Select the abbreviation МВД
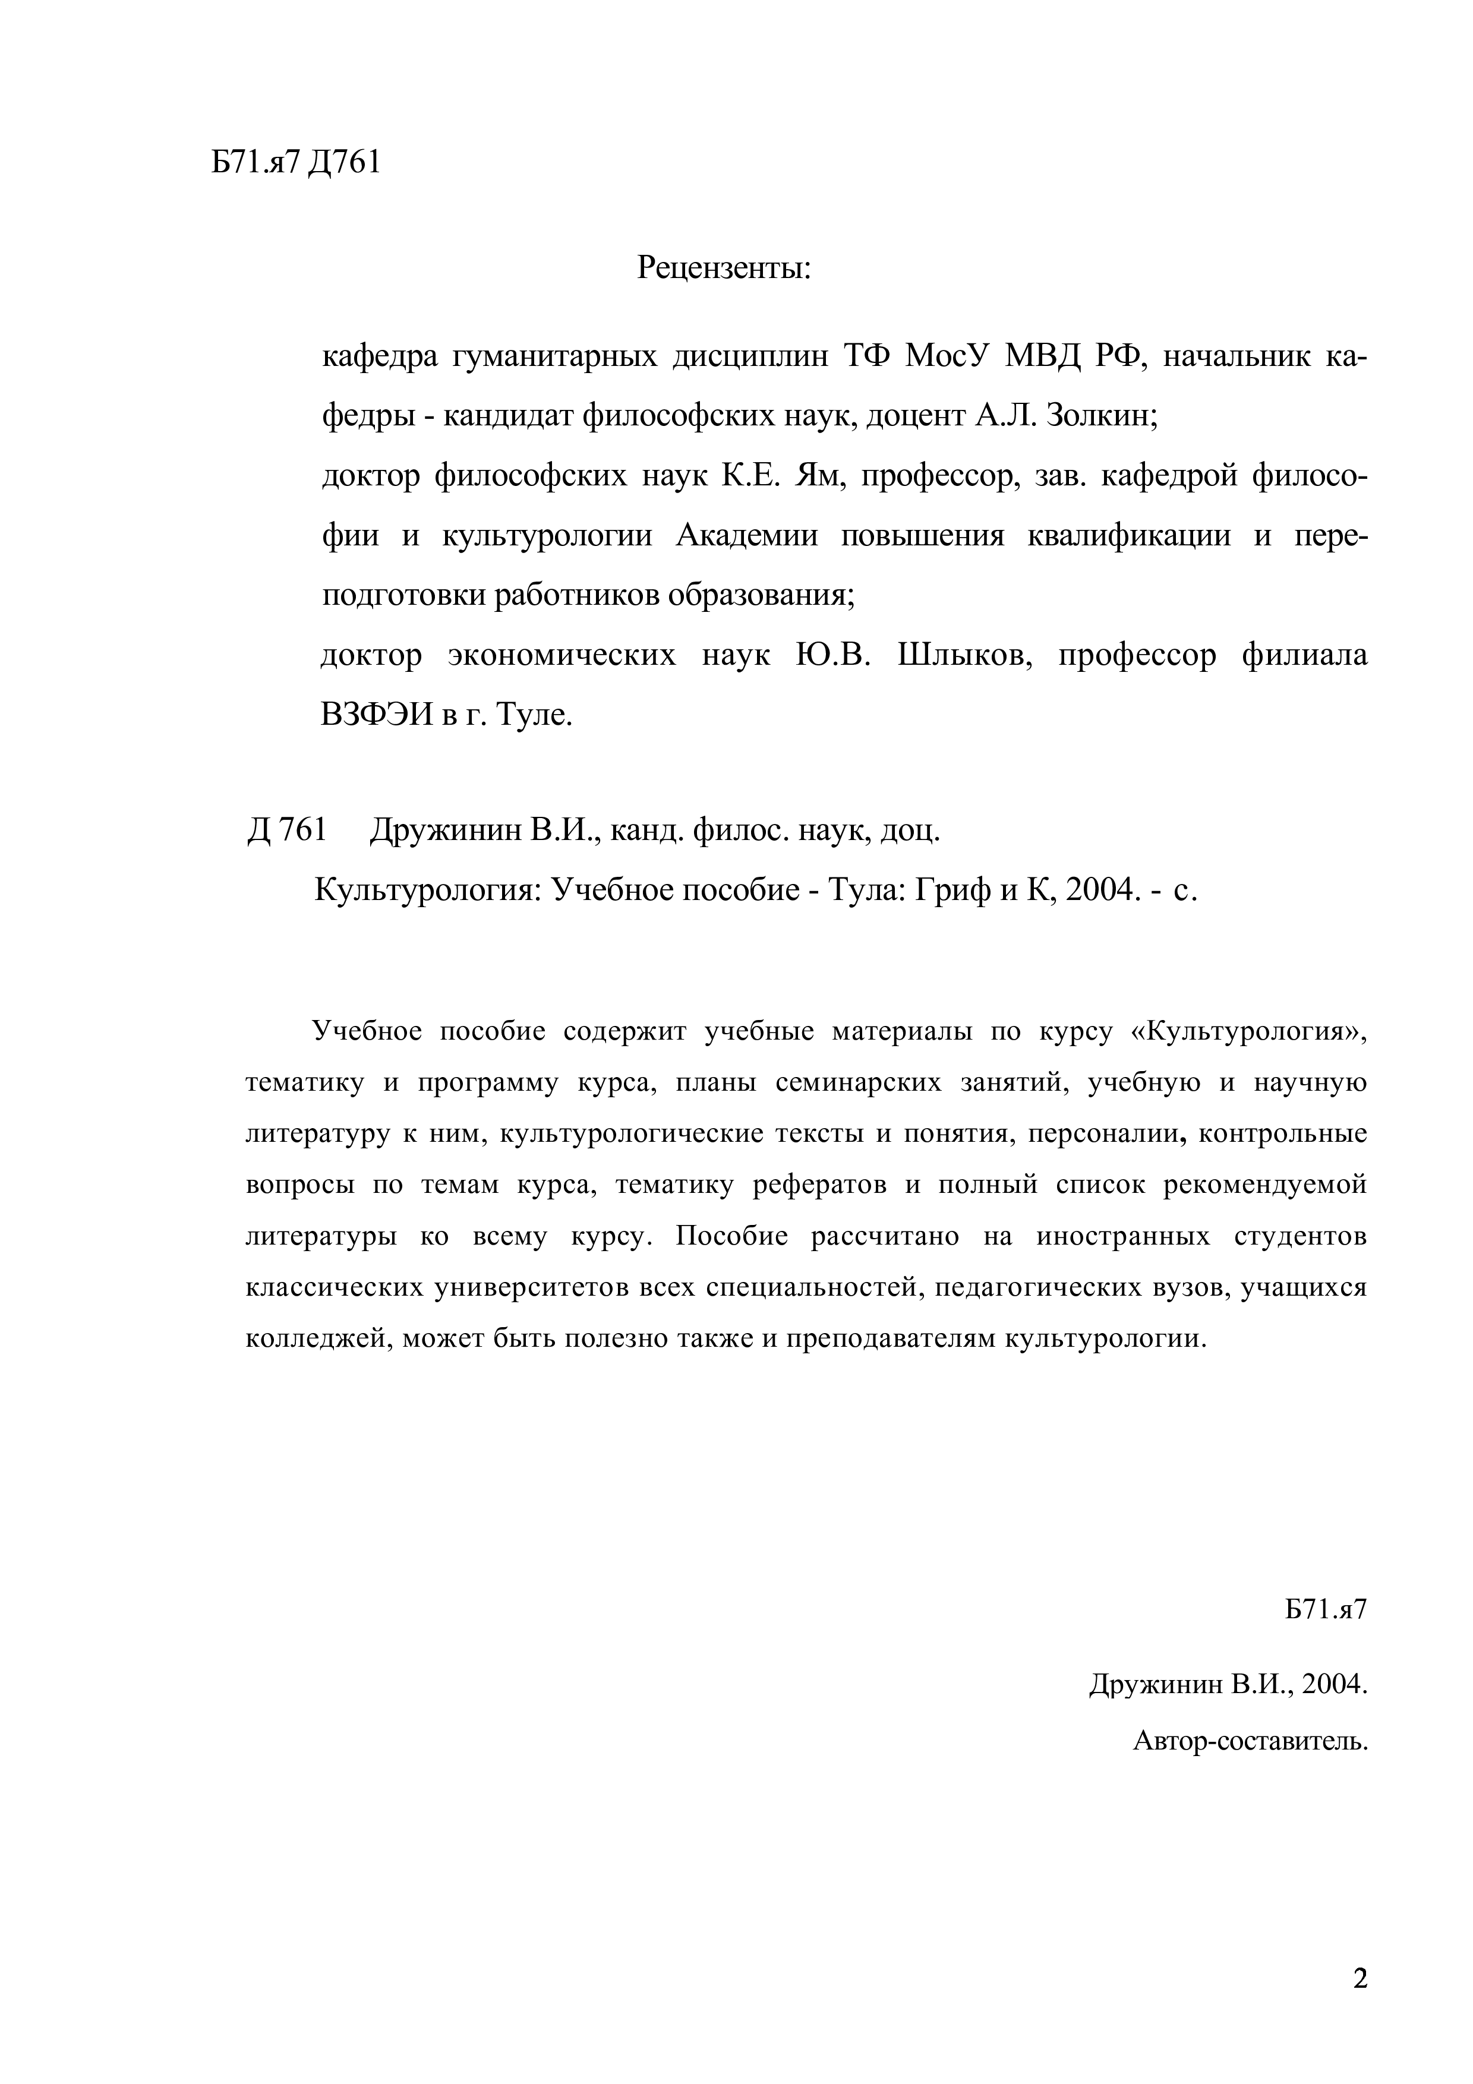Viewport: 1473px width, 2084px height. [1043, 356]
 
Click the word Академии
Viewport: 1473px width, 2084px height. [747, 535]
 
